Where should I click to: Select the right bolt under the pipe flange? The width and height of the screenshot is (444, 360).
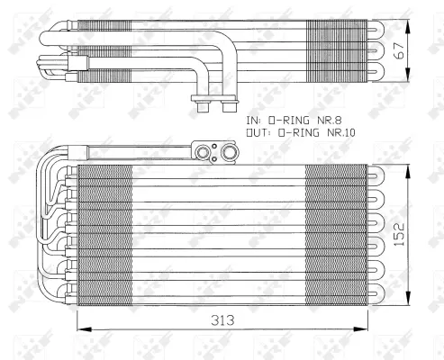[x=222, y=109]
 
